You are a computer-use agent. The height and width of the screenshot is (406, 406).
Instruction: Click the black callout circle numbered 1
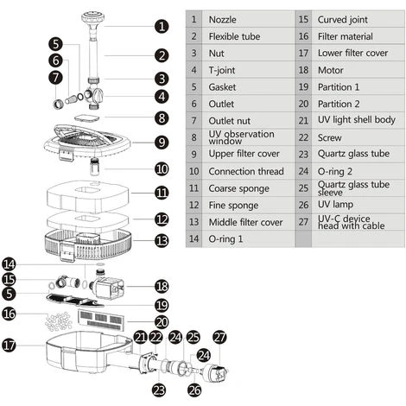[162, 26]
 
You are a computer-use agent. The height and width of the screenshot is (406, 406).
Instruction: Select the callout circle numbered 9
[162, 143]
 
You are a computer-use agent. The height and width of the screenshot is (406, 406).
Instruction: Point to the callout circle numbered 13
[162, 240]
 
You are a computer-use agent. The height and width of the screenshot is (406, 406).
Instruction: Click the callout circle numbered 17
[10, 345]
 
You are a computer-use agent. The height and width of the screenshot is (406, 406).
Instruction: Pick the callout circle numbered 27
[219, 338]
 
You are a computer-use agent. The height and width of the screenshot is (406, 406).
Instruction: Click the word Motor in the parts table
[330, 70]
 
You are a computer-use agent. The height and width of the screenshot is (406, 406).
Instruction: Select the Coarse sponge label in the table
[238, 188]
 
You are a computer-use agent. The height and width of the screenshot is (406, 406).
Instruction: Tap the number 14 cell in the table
[193, 238]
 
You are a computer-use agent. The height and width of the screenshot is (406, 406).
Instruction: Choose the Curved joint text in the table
[342, 20]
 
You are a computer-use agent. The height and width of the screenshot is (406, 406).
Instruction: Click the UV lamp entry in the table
[335, 205]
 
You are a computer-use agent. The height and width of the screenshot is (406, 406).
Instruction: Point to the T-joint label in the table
[222, 70]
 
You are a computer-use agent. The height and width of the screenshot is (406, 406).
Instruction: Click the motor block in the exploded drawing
[108, 287]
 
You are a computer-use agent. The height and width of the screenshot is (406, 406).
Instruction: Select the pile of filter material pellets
[59, 321]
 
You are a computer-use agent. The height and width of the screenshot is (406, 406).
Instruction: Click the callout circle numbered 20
[162, 322]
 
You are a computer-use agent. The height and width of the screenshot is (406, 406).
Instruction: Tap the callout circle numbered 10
[162, 168]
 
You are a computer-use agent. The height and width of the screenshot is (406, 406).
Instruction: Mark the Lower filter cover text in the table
[352, 54]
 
